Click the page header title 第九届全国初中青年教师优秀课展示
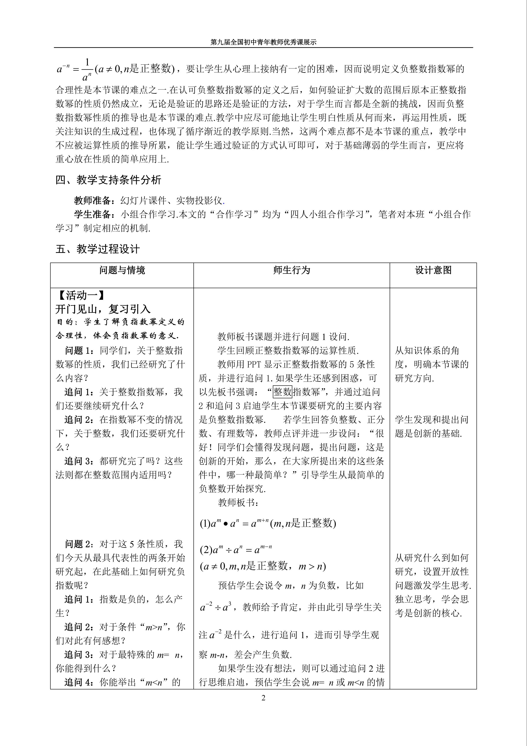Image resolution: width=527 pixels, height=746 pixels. point(263,42)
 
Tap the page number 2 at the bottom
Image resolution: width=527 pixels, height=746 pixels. point(263,698)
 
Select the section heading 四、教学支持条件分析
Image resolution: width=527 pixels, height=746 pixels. point(108,180)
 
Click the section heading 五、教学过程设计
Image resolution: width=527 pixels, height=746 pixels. point(98,249)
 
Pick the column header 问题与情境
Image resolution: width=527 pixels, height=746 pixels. point(122,270)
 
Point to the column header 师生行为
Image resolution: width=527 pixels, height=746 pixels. point(291,270)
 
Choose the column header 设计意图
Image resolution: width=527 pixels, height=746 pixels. point(433,270)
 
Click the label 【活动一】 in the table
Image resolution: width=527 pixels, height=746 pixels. point(81,295)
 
